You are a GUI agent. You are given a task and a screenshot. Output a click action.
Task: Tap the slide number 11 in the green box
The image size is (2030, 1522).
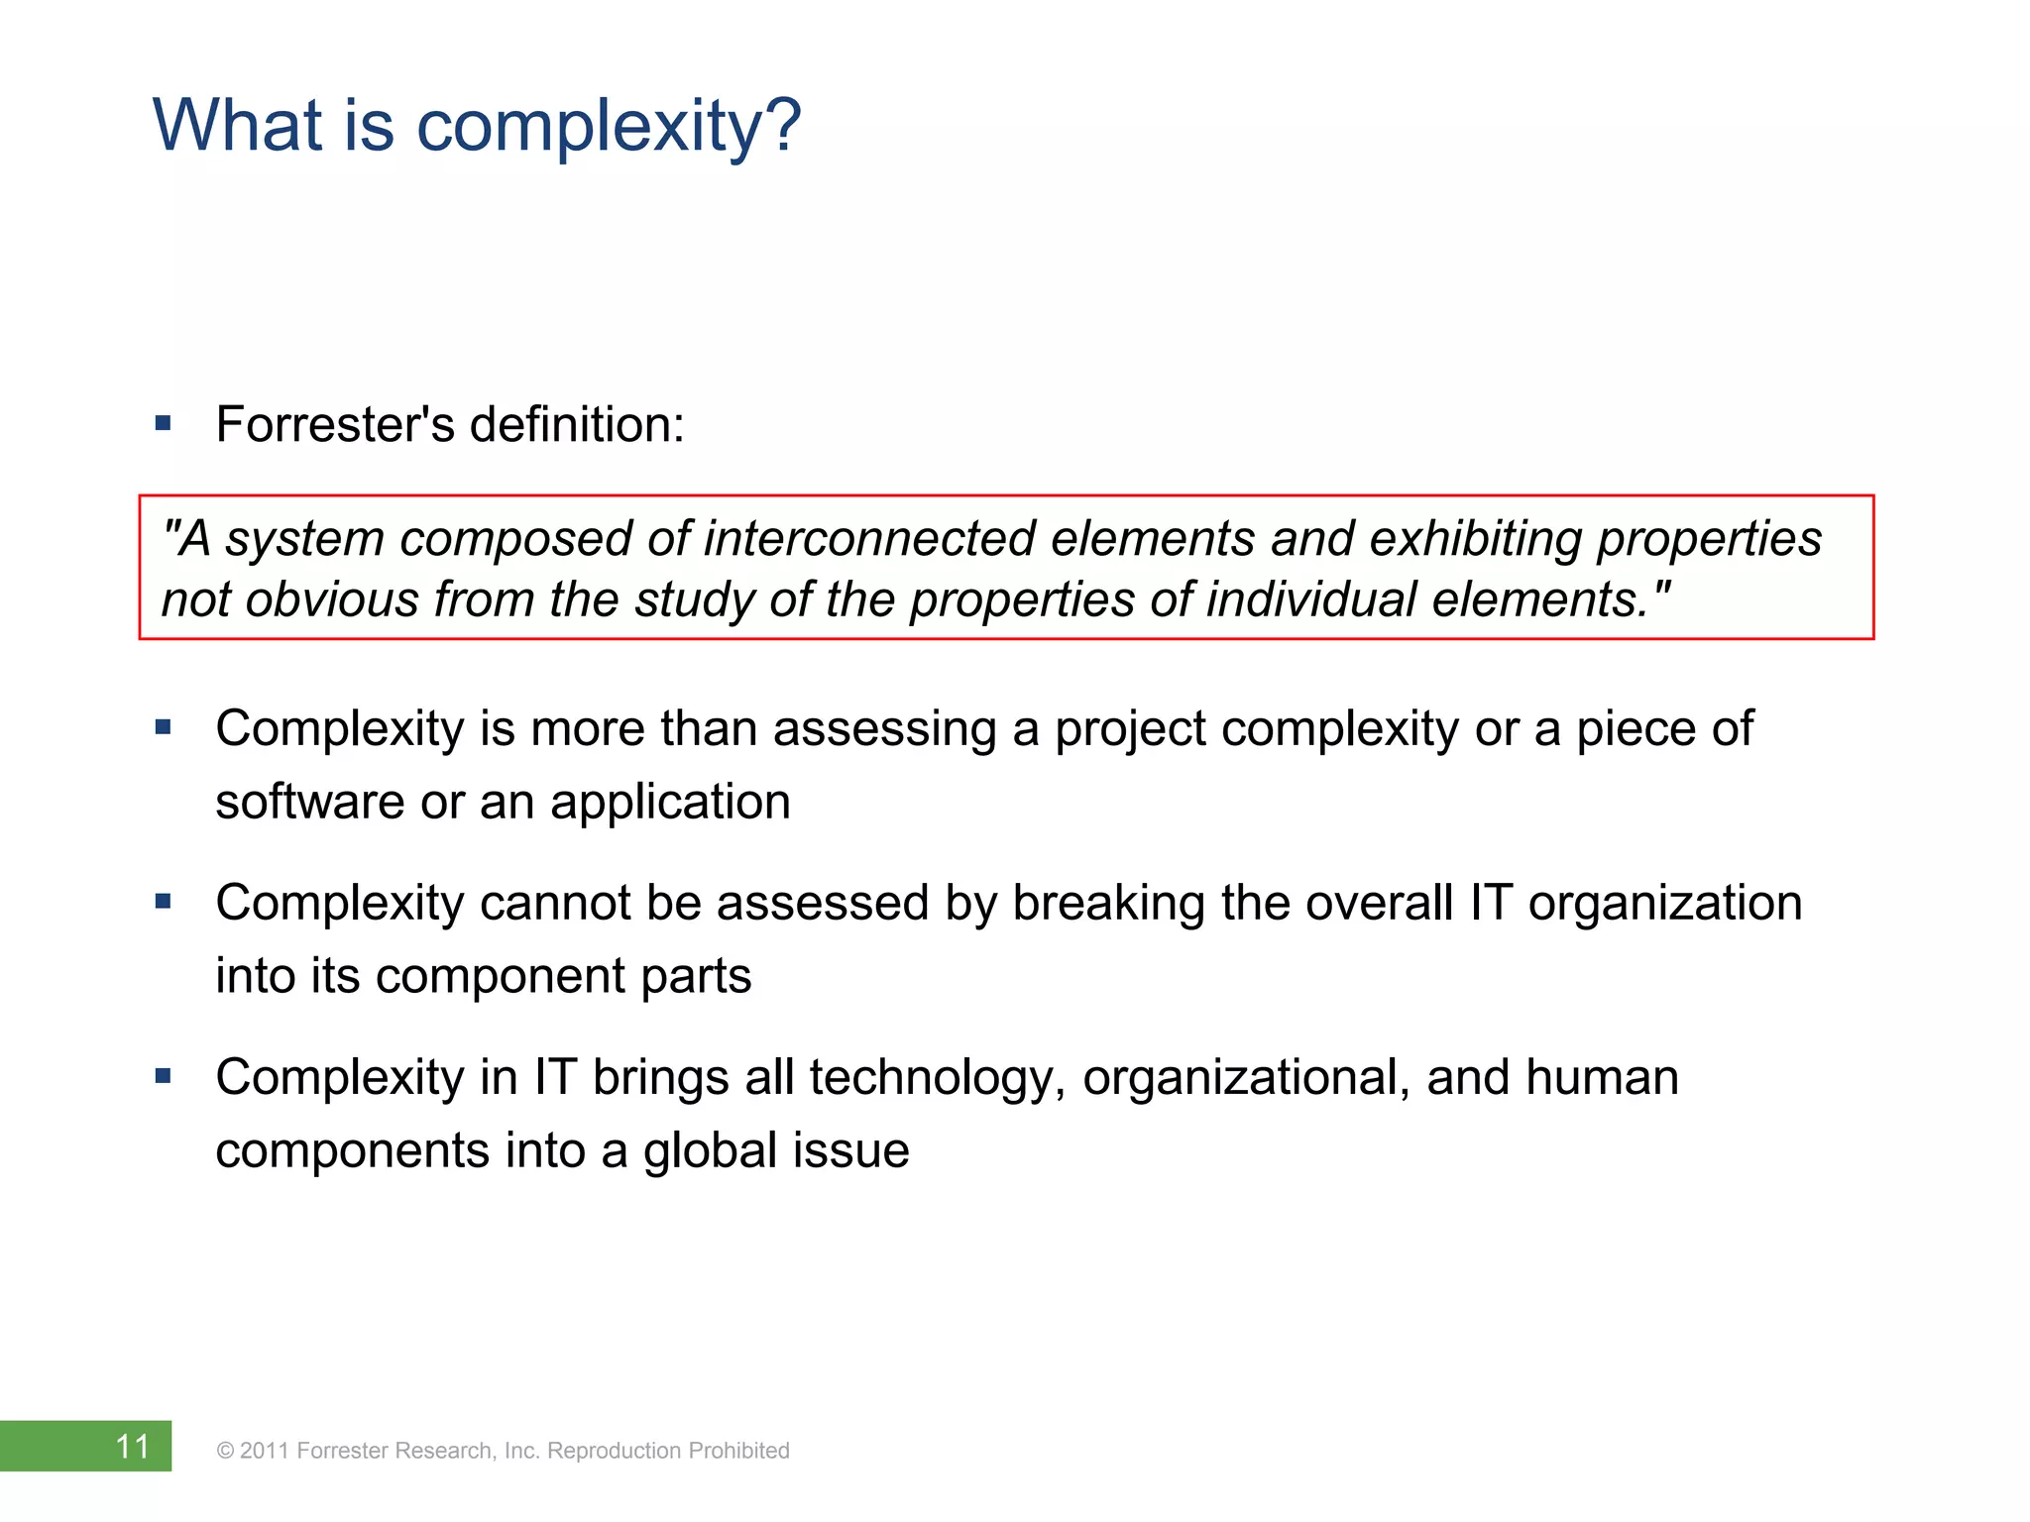[x=133, y=1447]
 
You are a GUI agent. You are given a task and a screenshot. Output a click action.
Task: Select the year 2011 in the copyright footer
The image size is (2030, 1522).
[x=265, y=1451]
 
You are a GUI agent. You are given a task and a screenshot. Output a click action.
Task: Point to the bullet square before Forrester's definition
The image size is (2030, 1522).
[x=164, y=425]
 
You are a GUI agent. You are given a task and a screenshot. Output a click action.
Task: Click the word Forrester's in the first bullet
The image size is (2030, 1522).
[x=335, y=425]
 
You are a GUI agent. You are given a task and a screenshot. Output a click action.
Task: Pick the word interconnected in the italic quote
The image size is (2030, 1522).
[x=869, y=539]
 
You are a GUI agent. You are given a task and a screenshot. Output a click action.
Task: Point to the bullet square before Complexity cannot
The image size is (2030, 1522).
[x=164, y=902]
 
